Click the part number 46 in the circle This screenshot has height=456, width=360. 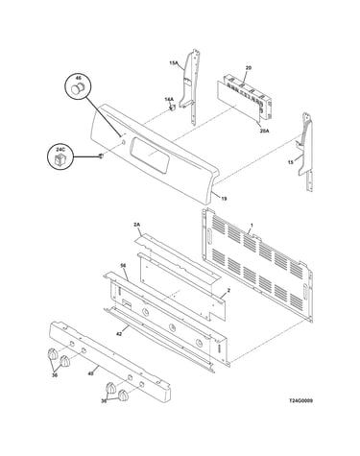tap(79, 78)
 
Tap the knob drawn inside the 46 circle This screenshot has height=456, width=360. tap(78, 88)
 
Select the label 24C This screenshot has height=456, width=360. tap(60, 150)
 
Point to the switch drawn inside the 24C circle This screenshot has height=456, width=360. tap(60, 159)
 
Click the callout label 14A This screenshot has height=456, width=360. tap(169, 100)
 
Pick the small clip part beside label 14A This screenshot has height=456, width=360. tap(173, 108)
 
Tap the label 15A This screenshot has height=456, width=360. tap(174, 63)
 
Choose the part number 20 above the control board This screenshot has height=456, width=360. tap(249, 68)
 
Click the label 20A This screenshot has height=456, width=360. tap(265, 131)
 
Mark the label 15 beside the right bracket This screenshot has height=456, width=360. tap(291, 162)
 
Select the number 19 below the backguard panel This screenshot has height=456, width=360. tap(224, 199)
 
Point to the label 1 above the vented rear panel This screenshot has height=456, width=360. tap(252, 226)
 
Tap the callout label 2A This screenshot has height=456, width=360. tap(137, 226)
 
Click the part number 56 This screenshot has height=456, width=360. tap(123, 266)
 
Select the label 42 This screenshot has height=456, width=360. tap(119, 334)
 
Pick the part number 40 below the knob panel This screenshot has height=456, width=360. tap(91, 373)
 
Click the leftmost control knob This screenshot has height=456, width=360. tap(52, 354)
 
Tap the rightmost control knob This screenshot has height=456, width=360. tap(123, 396)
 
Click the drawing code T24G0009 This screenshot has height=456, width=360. tap(301, 400)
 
